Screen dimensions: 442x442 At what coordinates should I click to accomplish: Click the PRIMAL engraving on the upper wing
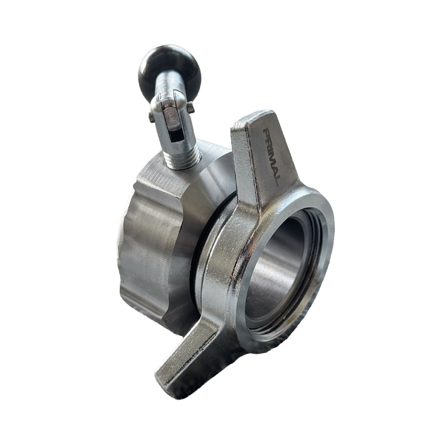click(x=272, y=157)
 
